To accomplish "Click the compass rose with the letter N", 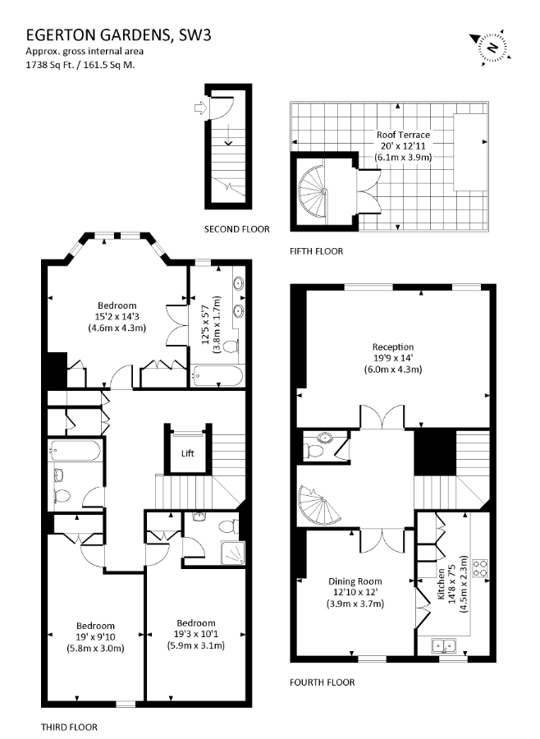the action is click(491, 47).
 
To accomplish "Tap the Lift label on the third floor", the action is click(188, 453).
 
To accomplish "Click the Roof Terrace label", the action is click(403, 135).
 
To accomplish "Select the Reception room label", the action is click(393, 347).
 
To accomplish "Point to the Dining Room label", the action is click(355, 581).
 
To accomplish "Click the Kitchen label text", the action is click(441, 584).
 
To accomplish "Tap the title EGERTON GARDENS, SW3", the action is click(118, 35).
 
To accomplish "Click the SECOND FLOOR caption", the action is click(237, 230).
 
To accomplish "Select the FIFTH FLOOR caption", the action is click(317, 251).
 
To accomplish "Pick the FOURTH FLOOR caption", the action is click(323, 682).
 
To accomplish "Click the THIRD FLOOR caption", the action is click(69, 728).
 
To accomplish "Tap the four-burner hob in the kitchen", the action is click(480, 568).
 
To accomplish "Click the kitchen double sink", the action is click(444, 645).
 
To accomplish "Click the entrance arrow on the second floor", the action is click(201, 108).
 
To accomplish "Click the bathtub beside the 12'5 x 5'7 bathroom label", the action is click(217, 376).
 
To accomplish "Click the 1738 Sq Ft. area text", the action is click(52, 66).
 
